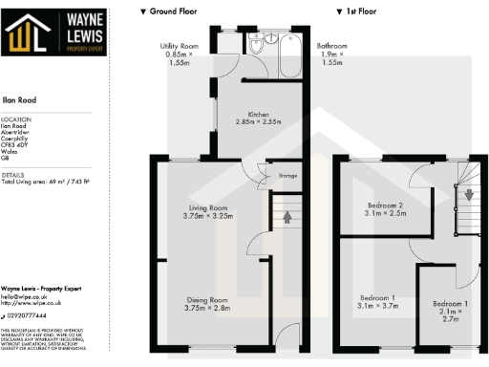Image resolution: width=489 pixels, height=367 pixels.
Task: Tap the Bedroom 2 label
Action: click(387, 208)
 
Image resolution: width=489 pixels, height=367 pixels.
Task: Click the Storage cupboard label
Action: click(287, 176)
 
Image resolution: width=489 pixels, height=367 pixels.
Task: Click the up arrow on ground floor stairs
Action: click(287, 217)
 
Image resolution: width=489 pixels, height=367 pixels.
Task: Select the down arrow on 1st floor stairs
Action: click(468, 194)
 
